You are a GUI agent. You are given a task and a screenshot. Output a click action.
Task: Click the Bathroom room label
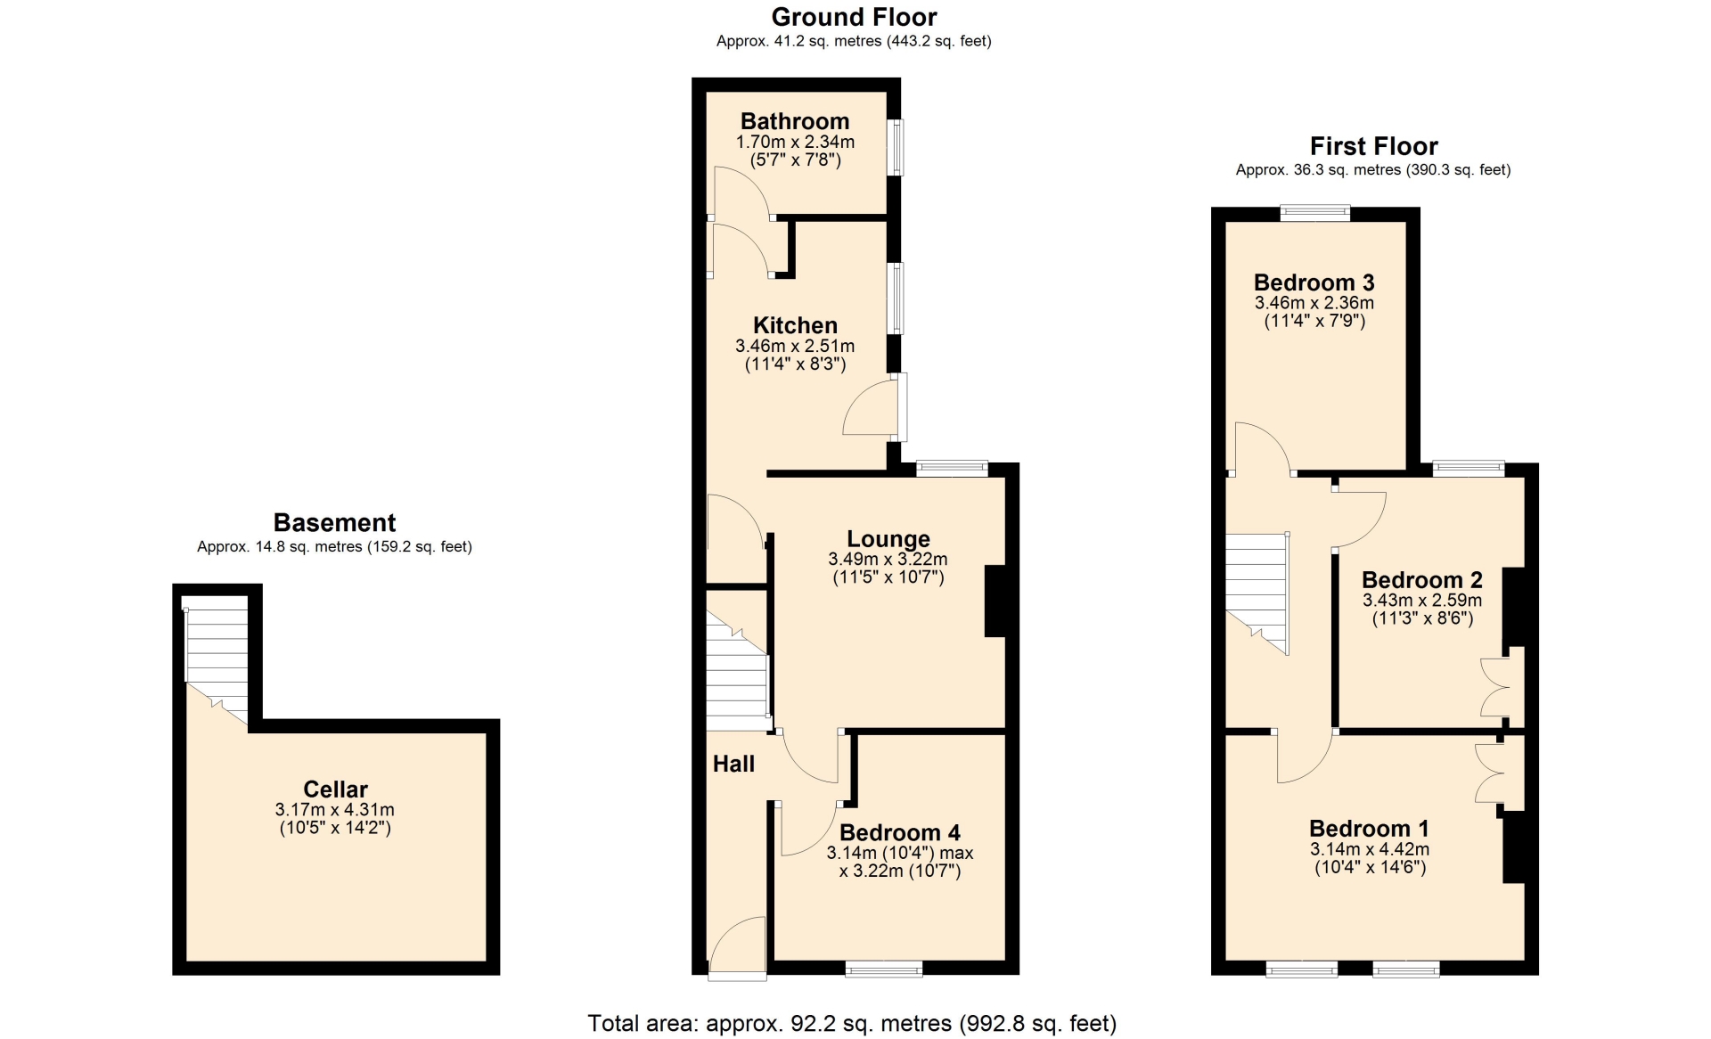795,121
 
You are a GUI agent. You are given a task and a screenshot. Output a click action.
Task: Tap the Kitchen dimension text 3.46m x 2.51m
795,346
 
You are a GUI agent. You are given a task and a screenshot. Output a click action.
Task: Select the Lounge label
888,539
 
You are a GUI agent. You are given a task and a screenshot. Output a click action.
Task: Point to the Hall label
733,764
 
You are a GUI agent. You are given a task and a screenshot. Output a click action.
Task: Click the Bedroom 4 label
900,832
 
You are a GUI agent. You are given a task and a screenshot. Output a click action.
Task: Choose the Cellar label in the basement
335,789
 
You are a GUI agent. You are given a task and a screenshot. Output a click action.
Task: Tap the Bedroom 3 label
1314,282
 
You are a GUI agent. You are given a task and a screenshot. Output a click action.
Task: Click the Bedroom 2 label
1422,580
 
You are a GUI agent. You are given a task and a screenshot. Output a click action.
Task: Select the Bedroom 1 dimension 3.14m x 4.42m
1370,849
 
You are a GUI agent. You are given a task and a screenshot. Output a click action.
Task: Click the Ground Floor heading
854,17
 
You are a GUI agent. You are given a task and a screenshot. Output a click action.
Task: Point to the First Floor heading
1373,146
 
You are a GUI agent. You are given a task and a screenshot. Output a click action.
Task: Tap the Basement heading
334,522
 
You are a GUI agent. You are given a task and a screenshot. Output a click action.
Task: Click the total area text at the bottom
852,1023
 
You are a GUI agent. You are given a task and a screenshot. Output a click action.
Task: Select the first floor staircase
1257,593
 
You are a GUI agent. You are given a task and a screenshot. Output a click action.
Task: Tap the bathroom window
897,147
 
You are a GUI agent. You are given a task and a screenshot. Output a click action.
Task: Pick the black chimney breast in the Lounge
995,601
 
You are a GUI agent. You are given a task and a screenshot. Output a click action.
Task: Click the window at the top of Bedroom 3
1315,213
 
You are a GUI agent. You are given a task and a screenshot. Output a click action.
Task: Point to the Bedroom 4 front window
884,969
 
